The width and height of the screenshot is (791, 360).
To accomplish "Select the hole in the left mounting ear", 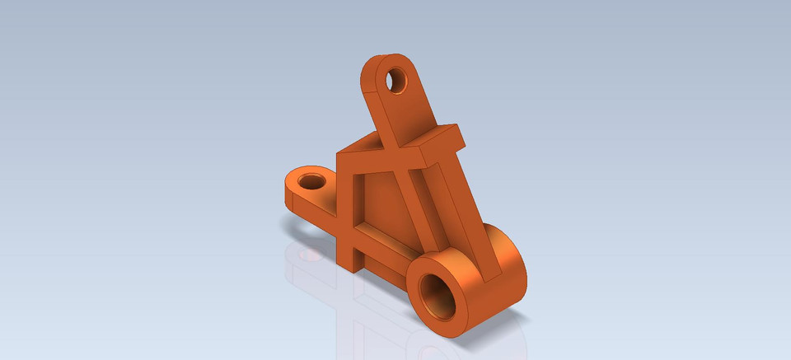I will click(x=311, y=180).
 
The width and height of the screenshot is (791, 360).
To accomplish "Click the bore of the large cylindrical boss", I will click(x=436, y=294).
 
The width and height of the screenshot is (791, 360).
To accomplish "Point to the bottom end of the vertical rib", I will click(x=349, y=263).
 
